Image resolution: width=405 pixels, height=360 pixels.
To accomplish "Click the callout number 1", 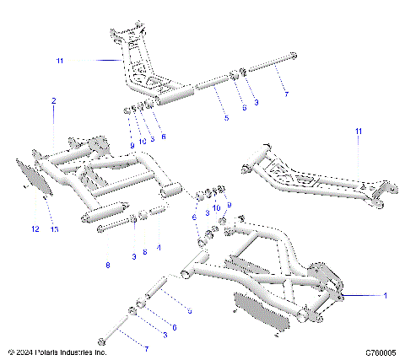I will point(385,296).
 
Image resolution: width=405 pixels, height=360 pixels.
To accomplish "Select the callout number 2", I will point(53,101).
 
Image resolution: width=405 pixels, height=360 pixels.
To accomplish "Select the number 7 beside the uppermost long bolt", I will point(285,95).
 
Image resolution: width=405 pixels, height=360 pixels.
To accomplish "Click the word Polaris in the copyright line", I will point(49,352).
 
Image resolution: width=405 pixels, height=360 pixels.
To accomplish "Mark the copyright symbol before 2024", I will point(10,352).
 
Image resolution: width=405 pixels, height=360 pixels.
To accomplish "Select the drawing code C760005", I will point(381,352).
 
